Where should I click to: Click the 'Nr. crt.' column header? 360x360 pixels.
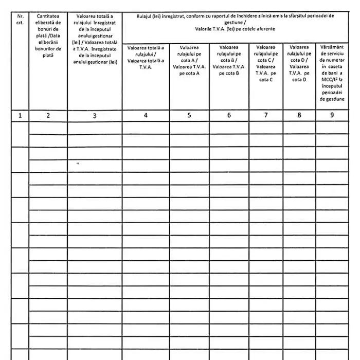(x=20, y=19)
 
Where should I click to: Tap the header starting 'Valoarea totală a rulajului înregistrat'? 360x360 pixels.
(x=95, y=39)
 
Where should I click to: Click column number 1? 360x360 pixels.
(x=20, y=116)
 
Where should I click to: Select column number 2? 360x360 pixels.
(x=48, y=116)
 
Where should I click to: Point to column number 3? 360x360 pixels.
(x=95, y=116)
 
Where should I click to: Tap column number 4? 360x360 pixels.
(x=146, y=116)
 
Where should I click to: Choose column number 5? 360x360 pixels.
(x=189, y=116)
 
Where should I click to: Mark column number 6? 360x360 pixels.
(x=229, y=116)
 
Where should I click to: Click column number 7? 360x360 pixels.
(x=266, y=116)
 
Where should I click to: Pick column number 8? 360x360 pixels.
(x=299, y=116)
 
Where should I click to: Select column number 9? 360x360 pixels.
(x=332, y=116)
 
